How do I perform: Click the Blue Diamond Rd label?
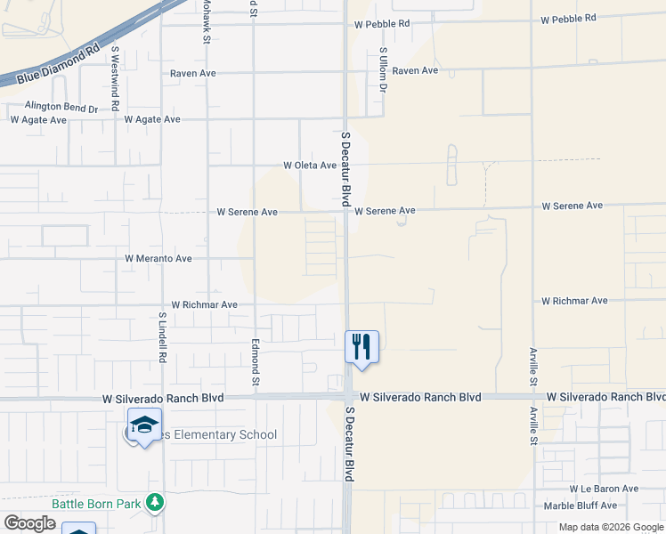pyautogui.click(x=59, y=64)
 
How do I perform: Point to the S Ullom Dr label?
pyautogui.click(x=383, y=70)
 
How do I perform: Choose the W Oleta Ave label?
pyautogui.click(x=310, y=165)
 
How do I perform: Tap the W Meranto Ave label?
pyautogui.click(x=158, y=259)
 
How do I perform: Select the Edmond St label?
pyautogui.click(x=256, y=361)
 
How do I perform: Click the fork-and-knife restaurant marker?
pyautogui.click(x=361, y=344)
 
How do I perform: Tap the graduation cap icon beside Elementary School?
pyautogui.click(x=144, y=423)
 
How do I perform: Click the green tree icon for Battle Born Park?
pyautogui.click(x=155, y=503)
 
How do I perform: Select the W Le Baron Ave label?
pyautogui.click(x=605, y=489)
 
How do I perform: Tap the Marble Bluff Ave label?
pyautogui.click(x=602, y=506)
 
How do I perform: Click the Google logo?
pyautogui.click(x=29, y=523)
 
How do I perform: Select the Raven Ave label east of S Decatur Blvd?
pyautogui.click(x=416, y=70)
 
